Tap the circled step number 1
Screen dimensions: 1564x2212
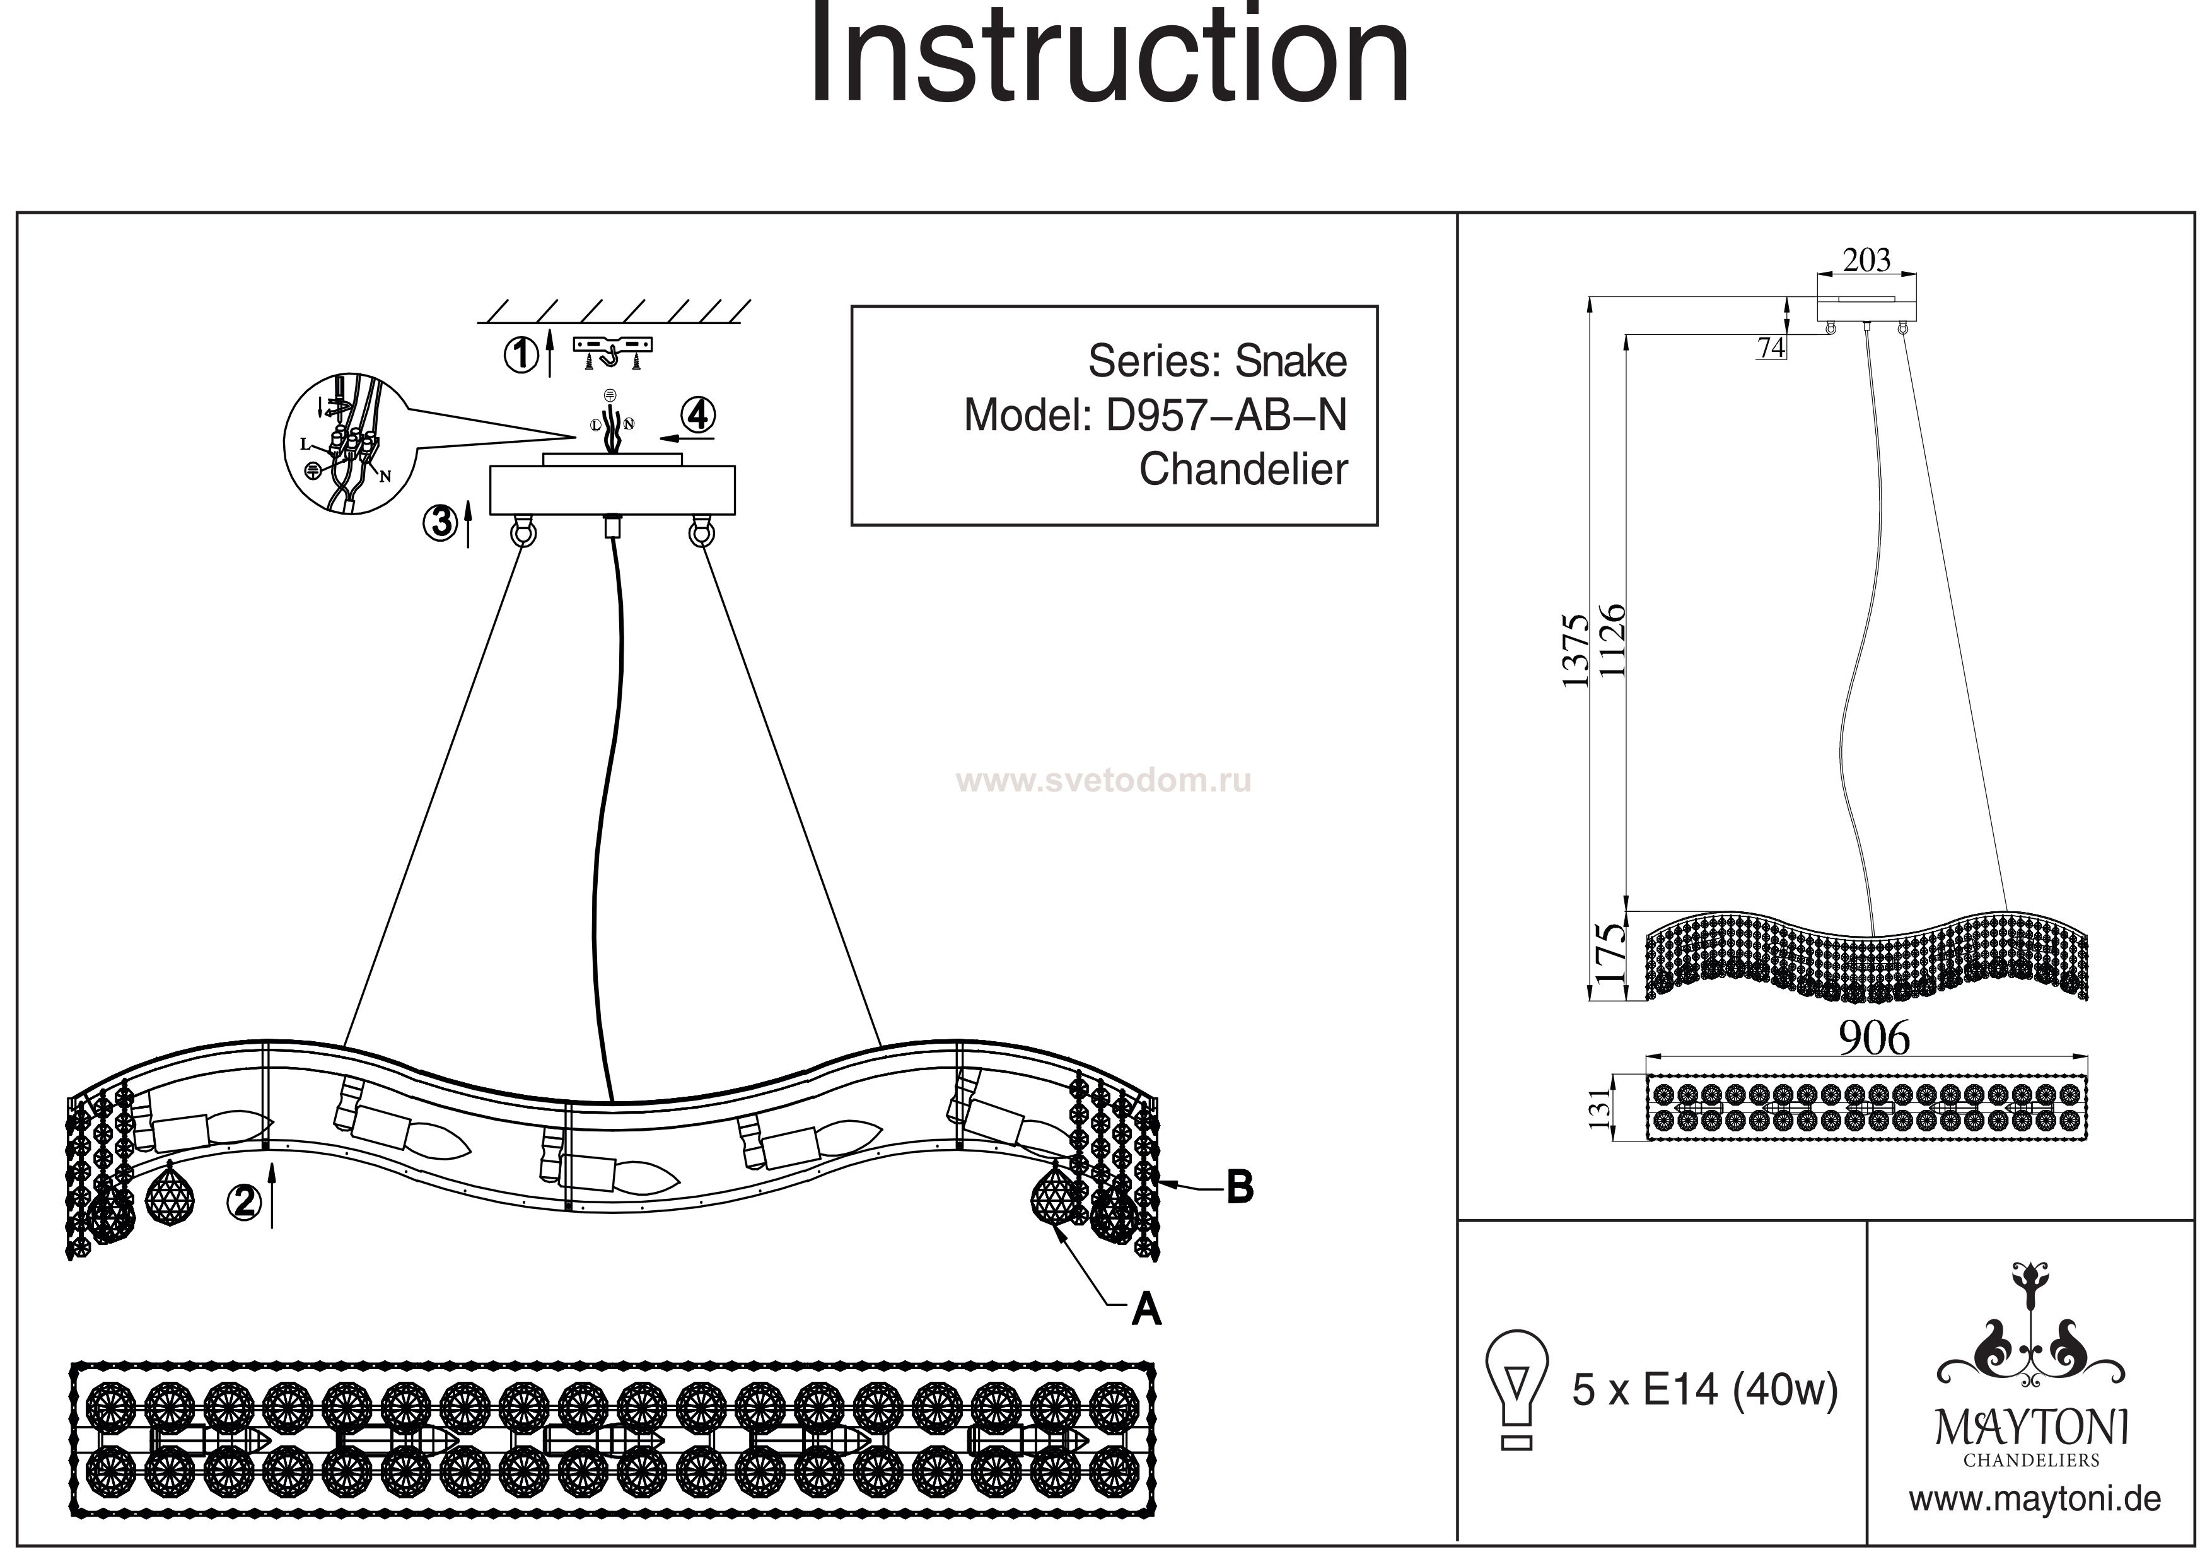coord(521,354)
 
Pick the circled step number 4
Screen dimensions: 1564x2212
coord(697,416)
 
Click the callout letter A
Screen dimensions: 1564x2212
coord(1146,1308)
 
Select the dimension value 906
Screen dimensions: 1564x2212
coord(1874,1038)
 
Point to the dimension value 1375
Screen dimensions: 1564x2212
coord(1575,650)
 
